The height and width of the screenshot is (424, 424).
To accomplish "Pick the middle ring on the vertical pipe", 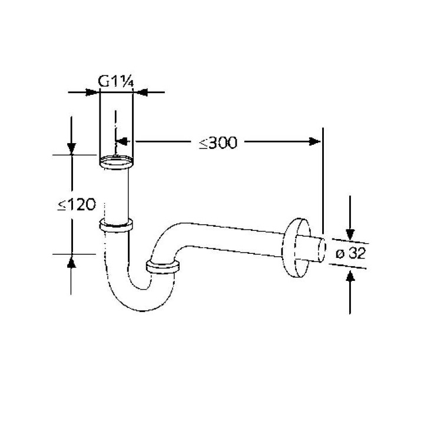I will point(115,224).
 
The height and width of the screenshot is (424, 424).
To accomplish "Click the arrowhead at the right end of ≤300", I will point(316,141).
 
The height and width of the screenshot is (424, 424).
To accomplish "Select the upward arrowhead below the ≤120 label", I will point(71,261).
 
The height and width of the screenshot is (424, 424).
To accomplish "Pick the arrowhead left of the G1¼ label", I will point(92,92).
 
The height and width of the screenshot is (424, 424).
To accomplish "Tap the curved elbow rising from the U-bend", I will point(168,238).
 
